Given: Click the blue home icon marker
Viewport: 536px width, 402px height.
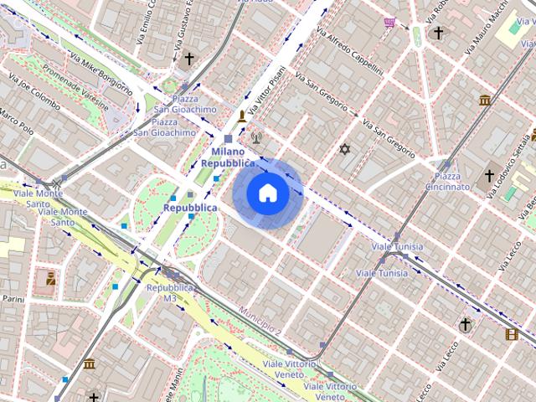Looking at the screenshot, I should [x=267, y=193].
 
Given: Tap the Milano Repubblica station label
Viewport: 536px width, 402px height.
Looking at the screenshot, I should [x=228, y=157].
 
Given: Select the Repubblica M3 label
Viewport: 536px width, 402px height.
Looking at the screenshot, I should [x=170, y=292].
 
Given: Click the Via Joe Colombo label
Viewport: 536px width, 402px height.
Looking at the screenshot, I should [x=36, y=96].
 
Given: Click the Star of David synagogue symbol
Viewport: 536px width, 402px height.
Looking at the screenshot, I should [x=343, y=149].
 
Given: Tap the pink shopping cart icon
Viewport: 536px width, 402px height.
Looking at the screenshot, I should [x=389, y=23].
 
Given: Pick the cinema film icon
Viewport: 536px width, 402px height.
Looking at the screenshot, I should [x=511, y=334].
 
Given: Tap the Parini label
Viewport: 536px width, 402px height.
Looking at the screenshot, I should [x=13, y=298].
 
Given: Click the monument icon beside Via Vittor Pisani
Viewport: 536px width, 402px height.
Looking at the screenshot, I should [x=243, y=116].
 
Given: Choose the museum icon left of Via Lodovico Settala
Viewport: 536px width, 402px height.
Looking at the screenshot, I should [x=485, y=100].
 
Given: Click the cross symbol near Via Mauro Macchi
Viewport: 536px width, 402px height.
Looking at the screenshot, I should [x=438, y=33].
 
